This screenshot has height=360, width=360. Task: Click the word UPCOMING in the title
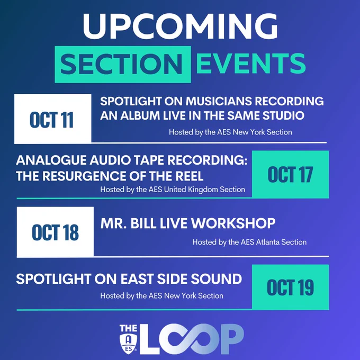[180, 26]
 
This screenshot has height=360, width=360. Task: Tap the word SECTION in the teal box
[121, 64]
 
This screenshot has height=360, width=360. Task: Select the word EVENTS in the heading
[251, 64]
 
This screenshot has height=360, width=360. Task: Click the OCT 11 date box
[53, 119]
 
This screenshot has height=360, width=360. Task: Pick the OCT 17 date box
[291, 174]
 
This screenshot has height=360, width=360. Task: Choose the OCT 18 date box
[56, 232]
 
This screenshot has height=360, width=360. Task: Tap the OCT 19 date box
[291, 287]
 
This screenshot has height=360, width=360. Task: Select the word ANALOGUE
[51, 160]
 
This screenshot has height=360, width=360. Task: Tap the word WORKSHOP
[233, 223]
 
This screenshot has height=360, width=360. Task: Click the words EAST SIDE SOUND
[182, 279]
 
